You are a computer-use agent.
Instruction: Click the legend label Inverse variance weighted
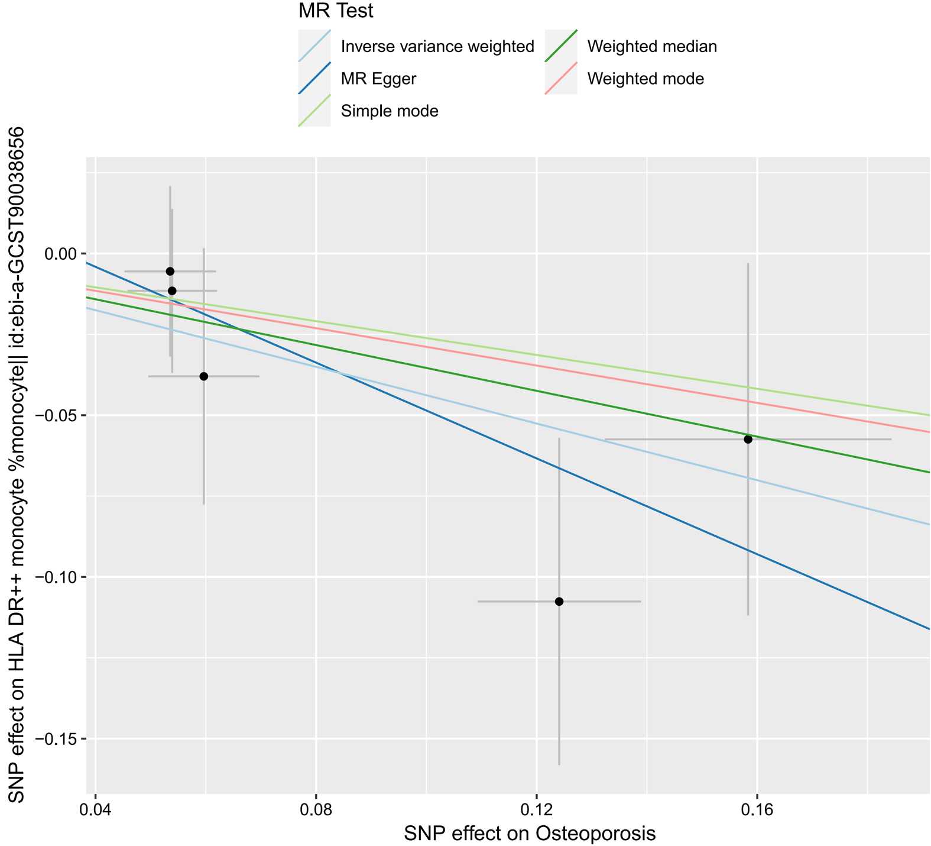click(x=437, y=47)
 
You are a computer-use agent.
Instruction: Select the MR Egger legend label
click(x=378, y=79)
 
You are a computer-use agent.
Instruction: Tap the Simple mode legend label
click(x=390, y=111)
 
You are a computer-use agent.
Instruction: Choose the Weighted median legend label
click(x=652, y=47)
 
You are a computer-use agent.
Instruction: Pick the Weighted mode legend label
click(x=645, y=79)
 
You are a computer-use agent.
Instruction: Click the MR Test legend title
click(x=336, y=11)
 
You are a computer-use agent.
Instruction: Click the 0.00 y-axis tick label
click(x=62, y=254)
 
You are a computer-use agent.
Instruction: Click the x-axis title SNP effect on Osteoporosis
click(x=530, y=834)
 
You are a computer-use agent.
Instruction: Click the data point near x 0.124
click(x=559, y=602)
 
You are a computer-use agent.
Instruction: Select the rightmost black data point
click(x=748, y=439)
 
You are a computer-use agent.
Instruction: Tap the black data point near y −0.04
click(x=204, y=376)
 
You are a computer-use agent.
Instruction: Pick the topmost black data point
click(x=170, y=271)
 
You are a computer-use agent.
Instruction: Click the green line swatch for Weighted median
click(x=560, y=47)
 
